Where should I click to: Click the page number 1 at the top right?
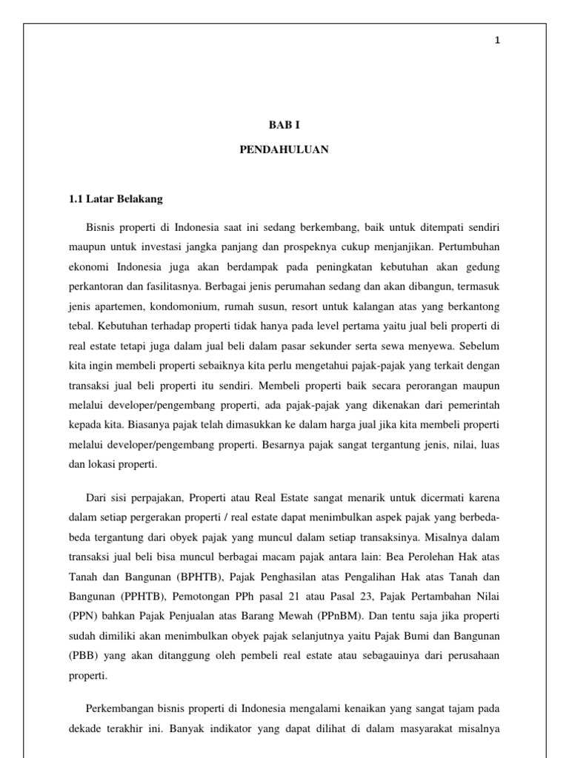(499, 41)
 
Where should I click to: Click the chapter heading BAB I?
(284, 127)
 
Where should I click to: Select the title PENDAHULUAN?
(284, 150)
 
